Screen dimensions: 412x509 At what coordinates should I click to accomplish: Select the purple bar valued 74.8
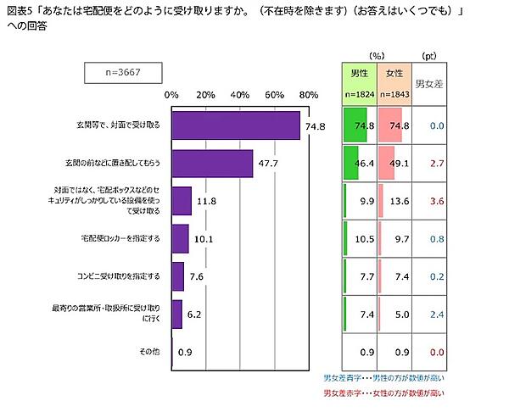tap(235, 125)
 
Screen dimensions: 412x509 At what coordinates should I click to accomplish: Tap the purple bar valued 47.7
tap(212, 164)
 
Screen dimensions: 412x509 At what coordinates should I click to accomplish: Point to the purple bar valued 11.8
tap(181, 201)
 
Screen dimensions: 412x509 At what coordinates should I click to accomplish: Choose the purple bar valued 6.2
tap(176, 314)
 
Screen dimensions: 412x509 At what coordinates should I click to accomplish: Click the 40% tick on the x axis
tap(240, 94)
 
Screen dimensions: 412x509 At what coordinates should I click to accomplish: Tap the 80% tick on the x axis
tap(309, 94)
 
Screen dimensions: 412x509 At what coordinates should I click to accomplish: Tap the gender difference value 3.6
tap(438, 201)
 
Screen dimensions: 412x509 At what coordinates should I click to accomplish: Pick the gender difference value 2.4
tap(438, 314)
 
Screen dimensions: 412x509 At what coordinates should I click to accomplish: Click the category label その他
tap(148, 351)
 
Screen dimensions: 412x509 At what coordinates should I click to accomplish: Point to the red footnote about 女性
tap(383, 394)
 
